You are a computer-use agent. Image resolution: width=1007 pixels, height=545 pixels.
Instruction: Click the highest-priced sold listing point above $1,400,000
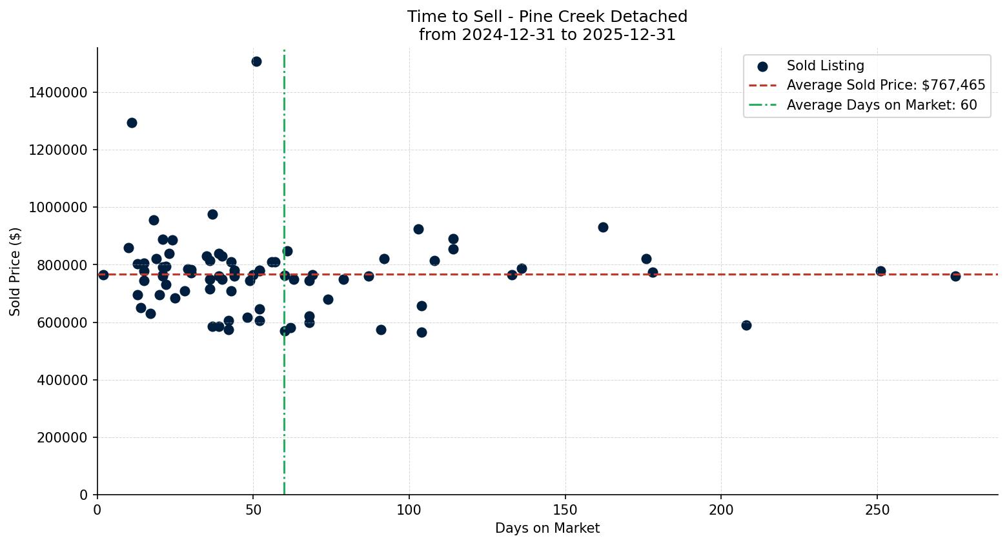(256, 61)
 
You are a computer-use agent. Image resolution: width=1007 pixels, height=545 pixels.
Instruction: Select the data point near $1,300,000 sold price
(132, 123)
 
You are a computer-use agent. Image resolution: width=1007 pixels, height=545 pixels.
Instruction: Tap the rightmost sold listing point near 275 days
(955, 276)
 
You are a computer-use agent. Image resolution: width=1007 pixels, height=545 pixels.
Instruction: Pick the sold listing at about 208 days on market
(746, 325)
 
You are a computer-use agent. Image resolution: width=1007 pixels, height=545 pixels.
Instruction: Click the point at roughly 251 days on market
(880, 271)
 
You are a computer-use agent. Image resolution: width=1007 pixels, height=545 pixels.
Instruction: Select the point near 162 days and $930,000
(603, 227)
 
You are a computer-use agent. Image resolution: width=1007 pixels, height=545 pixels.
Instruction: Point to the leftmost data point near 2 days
(103, 275)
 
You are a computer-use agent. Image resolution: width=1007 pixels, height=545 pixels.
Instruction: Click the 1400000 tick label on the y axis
(58, 92)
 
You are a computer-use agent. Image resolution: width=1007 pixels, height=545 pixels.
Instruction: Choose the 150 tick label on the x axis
(565, 510)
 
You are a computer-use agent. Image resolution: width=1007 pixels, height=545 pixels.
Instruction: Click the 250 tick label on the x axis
(877, 510)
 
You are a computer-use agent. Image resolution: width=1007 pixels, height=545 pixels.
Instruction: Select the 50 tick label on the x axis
(253, 510)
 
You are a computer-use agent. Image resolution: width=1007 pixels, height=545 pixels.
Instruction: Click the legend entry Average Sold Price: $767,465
(886, 85)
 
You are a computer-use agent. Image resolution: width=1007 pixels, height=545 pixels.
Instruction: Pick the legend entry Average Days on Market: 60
(881, 105)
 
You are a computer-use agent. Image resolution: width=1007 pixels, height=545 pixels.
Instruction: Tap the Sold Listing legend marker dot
(762, 66)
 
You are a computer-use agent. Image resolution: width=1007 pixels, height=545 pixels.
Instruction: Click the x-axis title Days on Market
(547, 528)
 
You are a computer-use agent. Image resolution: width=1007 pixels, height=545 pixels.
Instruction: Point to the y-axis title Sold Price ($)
(15, 271)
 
